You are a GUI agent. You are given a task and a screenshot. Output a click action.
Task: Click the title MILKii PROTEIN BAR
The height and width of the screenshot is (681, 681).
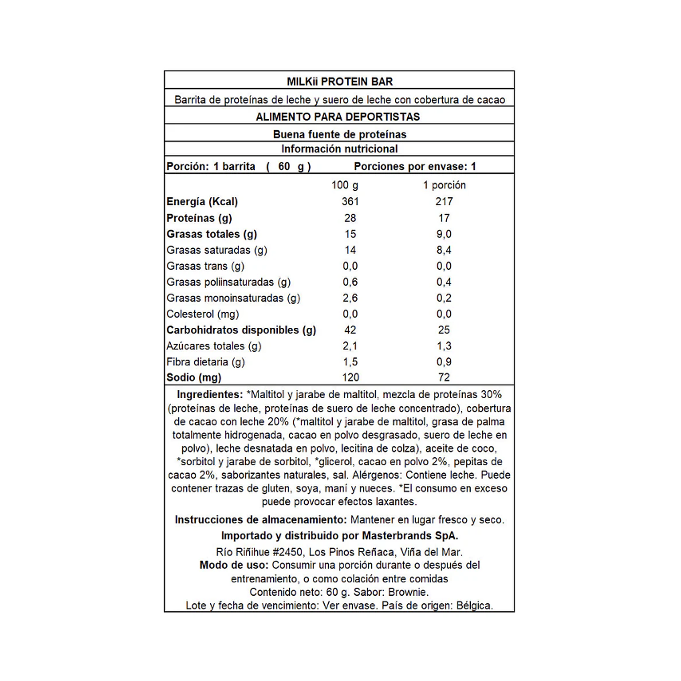340,82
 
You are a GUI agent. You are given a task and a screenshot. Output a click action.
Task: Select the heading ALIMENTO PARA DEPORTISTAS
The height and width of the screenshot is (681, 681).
338,117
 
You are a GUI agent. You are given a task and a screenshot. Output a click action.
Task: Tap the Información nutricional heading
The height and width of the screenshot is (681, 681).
339,149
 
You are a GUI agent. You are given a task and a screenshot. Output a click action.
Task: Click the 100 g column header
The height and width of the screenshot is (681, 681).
345,185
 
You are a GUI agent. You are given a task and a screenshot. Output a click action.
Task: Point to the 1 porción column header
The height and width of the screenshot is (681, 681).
444,185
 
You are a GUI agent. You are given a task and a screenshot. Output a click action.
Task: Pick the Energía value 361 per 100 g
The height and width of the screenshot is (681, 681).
350,202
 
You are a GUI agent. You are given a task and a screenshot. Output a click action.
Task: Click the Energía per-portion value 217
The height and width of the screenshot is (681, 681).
444,202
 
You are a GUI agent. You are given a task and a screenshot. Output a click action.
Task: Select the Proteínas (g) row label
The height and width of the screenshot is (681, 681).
199,218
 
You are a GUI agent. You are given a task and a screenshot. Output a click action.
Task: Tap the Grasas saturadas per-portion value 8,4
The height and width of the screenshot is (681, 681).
444,250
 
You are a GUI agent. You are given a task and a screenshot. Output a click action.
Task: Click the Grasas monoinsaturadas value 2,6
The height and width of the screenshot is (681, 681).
350,298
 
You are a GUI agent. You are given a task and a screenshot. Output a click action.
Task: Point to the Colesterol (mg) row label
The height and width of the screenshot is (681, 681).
202,314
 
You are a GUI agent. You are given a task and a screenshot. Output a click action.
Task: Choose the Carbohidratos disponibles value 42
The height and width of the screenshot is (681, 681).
350,330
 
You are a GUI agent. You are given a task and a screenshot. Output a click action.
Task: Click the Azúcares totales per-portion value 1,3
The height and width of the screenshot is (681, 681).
444,346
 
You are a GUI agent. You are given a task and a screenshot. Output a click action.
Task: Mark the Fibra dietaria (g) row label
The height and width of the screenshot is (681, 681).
206,362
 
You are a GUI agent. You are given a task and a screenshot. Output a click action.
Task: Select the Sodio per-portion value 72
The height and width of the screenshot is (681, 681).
444,378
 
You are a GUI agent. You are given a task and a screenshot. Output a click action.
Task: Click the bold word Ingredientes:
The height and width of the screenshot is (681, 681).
210,395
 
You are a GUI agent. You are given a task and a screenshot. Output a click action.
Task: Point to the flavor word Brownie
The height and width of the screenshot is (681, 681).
408,592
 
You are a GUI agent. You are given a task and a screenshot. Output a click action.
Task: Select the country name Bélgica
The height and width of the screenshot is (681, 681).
474,606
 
